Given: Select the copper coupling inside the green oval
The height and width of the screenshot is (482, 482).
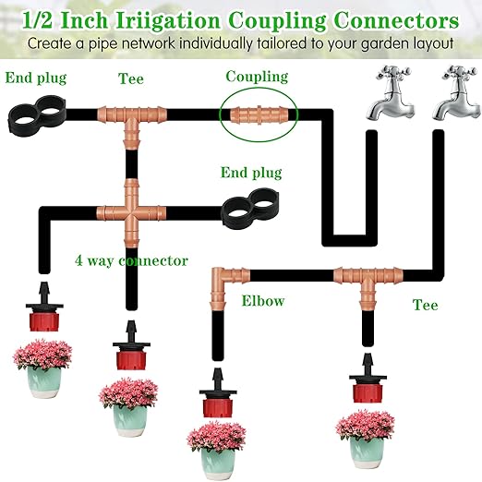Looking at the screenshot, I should tap(258, 115).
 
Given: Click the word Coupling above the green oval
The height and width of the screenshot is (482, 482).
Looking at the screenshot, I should tap(257, 77).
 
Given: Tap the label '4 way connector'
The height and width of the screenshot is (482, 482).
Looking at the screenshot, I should tap(131, 260).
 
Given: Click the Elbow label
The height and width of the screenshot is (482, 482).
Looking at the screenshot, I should tap(262, 300).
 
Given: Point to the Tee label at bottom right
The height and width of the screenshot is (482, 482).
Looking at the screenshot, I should tap(425, 304).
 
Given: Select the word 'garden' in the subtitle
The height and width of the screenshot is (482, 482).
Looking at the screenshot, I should tap(369, 42).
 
